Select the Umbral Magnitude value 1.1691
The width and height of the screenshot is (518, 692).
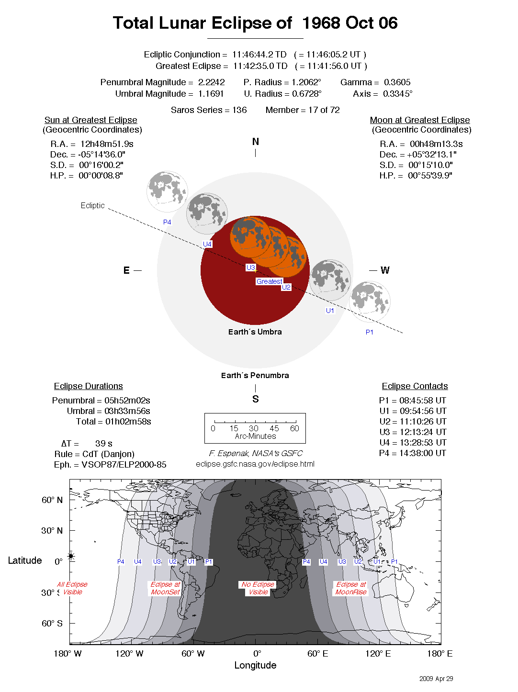pos(211,94)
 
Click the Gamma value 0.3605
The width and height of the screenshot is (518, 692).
pos(397,82)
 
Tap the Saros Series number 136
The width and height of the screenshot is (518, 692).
pos(239,110)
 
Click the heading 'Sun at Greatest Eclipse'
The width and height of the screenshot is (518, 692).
pos(91,120)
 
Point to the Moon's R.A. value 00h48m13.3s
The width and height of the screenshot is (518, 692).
pos(436,144)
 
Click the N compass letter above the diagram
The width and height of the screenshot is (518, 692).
pos(256,142)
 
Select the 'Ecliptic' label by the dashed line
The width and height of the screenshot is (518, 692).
pos(92,205)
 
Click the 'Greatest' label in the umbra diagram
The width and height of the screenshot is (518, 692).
pos(269,281)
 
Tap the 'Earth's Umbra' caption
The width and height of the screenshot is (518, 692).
pos(255,332)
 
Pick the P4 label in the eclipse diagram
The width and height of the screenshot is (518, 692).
pos(167,222)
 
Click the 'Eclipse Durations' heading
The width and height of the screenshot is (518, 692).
pos(89,386)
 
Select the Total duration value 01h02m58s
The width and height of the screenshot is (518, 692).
pos(128,422)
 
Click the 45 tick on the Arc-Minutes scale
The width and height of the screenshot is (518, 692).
pos(274,428)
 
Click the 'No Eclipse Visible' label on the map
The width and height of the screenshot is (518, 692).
pos(258,588)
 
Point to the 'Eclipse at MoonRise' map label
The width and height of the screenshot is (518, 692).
pos(351,588)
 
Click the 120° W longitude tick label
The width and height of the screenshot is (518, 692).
pos(129,654)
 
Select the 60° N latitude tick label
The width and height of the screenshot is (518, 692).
pos(52,500)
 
